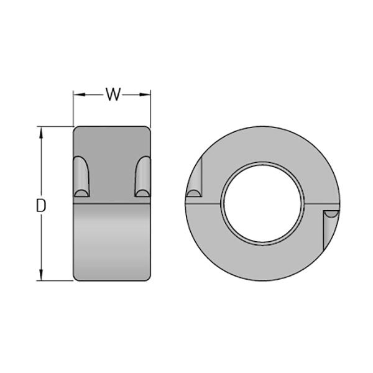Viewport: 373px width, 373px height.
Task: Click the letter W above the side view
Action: coord(113,94)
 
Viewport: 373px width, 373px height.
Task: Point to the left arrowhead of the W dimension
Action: coord(77,94)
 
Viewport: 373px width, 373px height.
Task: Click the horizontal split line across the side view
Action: coord(112,203)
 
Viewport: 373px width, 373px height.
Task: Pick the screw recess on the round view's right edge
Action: coord(330,228)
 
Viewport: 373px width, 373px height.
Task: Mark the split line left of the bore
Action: coord(205,203)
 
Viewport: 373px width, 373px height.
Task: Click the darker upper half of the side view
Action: coord(112,149)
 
